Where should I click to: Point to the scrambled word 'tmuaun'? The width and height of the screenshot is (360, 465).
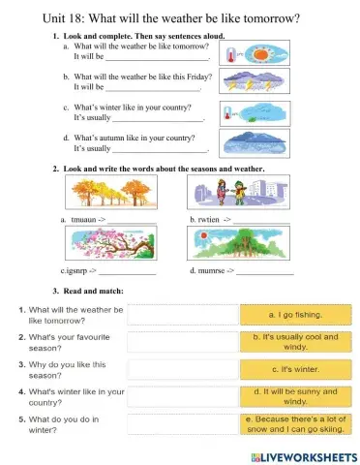coord(82,221)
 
